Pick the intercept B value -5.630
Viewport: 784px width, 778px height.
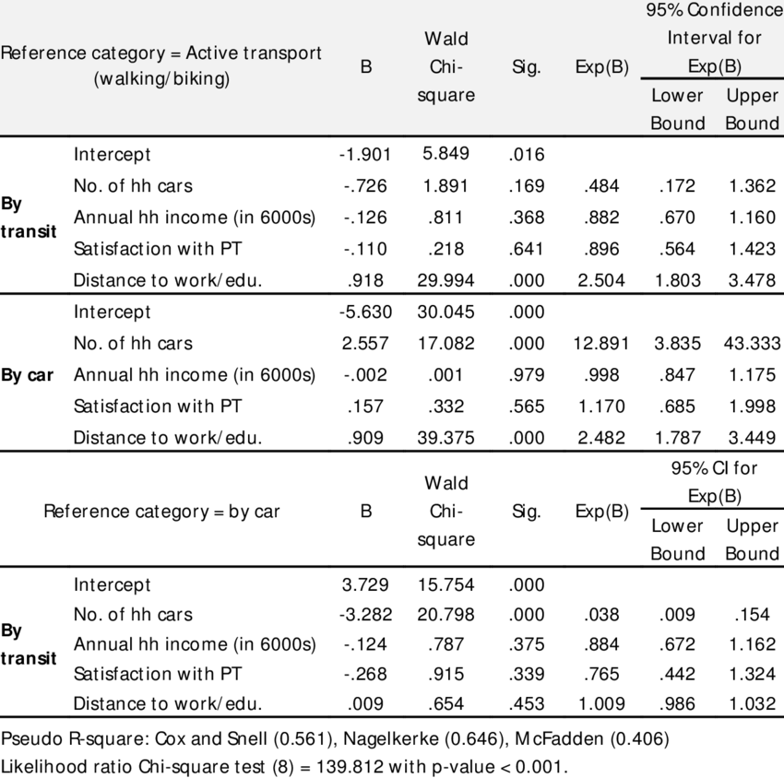365,312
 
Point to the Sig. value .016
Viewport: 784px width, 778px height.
527,155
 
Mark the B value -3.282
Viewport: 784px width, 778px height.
365,615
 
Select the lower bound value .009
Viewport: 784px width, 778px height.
678,615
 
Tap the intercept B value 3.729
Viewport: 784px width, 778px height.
365,584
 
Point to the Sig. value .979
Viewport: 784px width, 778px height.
527,375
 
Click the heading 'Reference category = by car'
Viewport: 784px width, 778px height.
161,512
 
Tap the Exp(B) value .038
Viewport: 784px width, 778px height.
603,615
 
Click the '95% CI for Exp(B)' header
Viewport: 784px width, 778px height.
715,481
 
